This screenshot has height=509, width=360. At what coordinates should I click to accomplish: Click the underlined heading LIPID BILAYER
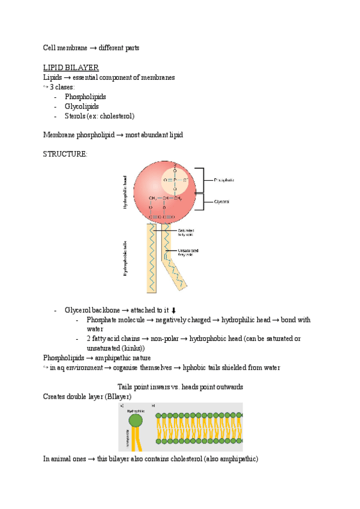(71, 67)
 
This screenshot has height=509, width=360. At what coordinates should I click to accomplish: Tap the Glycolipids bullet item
(82, 106)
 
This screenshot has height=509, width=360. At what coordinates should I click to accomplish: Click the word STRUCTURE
(65, 154)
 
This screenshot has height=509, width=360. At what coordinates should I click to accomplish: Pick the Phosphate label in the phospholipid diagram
(224, 179)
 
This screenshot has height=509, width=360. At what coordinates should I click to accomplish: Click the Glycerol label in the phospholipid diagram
(221, 202)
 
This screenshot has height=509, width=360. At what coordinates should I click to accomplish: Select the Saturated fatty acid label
(185, 232)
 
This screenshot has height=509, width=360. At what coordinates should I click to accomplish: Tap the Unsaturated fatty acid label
(188, 252)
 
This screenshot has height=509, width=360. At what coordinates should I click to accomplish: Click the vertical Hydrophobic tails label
(125, 258)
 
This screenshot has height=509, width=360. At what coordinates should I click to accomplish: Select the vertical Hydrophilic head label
(125, 192)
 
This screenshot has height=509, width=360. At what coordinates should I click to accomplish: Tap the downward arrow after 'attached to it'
(174, 310)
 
